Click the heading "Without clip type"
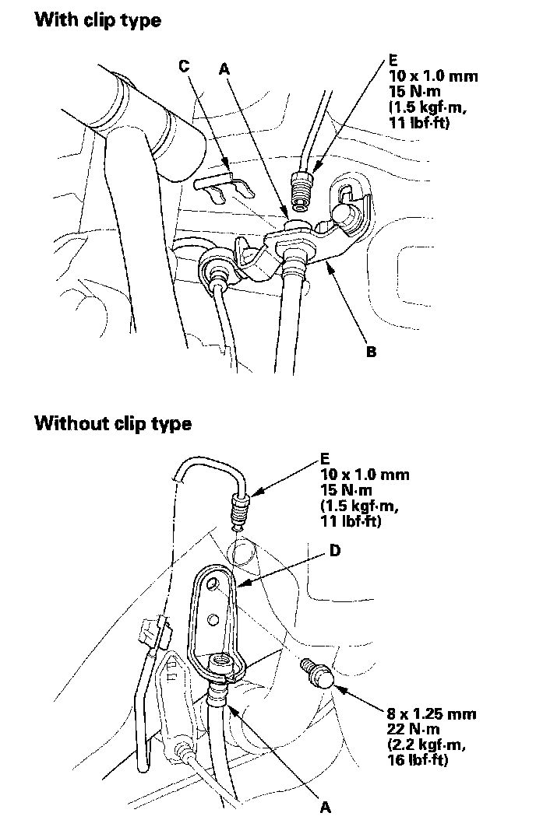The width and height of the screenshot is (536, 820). point(113,424)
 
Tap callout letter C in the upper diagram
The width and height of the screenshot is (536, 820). point(184,66)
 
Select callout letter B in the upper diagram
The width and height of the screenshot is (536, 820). point(372,352)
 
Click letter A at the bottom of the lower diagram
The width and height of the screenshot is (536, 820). point(326,807)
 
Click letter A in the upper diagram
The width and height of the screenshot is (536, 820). point(224,68)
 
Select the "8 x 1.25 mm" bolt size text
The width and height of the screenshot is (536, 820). point(432,713)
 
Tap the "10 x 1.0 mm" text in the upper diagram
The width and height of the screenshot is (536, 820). point(432,76)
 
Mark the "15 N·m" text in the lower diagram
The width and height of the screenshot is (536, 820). point(345,489)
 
